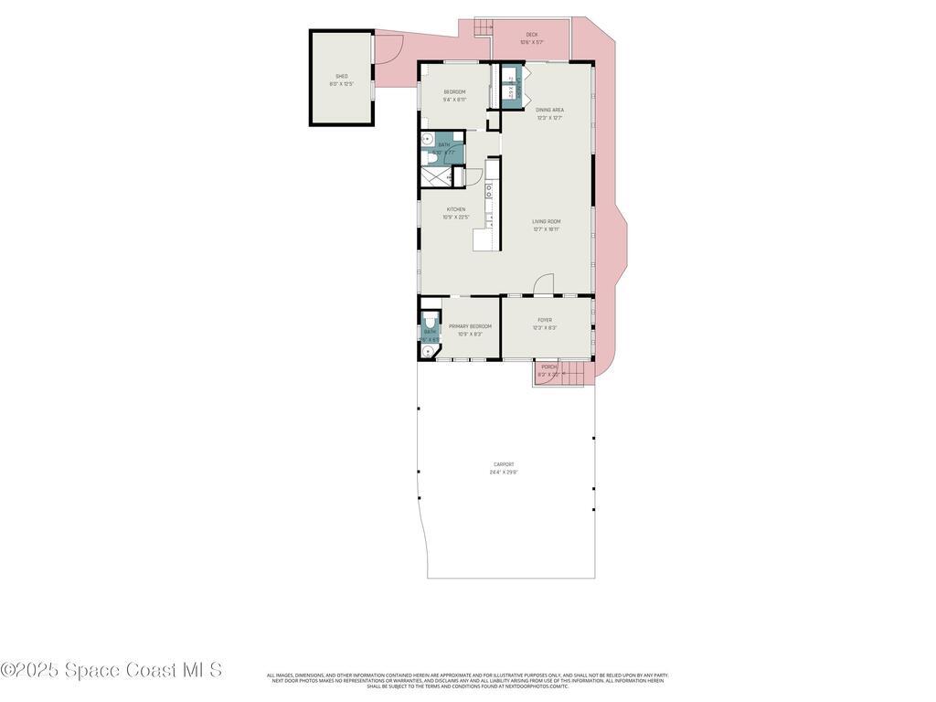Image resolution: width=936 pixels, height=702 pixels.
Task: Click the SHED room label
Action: point(342,76)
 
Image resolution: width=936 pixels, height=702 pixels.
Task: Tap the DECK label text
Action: point(532,35)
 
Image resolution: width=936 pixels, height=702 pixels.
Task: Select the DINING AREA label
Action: point(549,110)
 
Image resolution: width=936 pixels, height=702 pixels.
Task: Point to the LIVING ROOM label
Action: point(547,221)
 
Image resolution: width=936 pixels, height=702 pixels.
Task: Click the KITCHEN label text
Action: point(456,209)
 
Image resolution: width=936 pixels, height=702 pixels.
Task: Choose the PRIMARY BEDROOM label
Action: point(470,326)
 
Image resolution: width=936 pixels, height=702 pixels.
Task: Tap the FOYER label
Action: point(545,320)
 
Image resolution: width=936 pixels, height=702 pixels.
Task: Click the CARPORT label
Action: point(504,464)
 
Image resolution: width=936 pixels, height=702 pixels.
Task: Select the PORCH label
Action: point(548,367)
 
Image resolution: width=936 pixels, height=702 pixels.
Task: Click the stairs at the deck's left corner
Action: point(483,27)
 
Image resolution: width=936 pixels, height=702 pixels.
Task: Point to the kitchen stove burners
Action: point(489,192)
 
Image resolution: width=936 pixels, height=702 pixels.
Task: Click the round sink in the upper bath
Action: point(427,140)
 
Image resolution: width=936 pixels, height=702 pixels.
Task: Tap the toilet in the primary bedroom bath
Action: point(429,322)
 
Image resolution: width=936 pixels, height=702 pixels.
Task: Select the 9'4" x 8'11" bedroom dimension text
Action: point(455,100)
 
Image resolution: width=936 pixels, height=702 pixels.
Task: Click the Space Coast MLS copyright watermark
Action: point(112,670)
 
